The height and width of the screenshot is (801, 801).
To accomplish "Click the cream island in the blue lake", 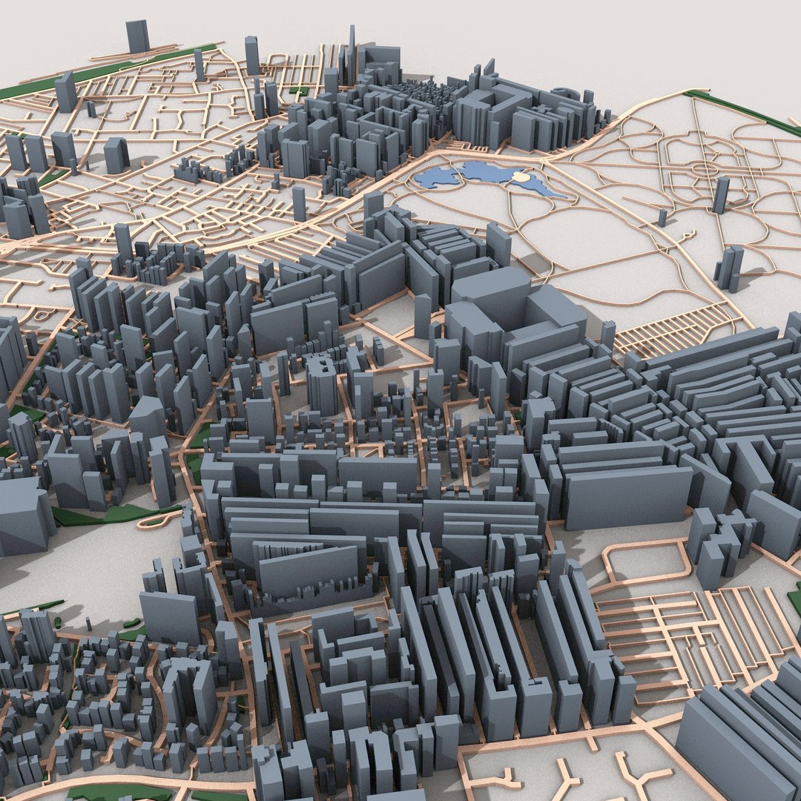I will [524, 178].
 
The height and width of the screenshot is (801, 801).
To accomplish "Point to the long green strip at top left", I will [111, 70].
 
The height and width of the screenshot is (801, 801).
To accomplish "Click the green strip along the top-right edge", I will [742, 111].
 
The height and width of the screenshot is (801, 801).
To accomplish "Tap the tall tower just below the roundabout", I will [721, 194].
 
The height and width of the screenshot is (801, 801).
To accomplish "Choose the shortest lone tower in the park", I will [662, 217].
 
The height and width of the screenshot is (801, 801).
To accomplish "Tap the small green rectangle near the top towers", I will [300, 90].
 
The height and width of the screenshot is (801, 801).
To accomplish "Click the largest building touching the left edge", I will [22, 515].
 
